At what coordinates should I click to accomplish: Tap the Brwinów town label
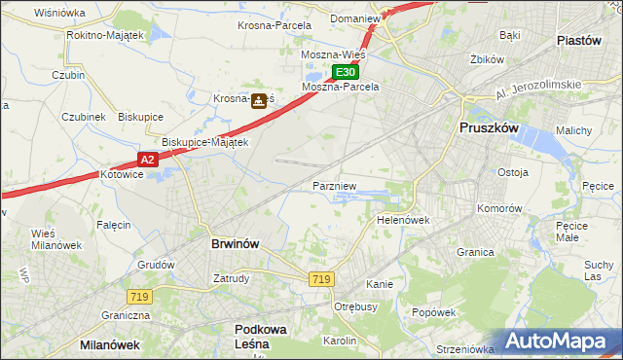coord(235,244)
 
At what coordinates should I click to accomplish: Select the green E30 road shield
coord(346,72)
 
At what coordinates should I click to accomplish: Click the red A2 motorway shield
coord(146,160)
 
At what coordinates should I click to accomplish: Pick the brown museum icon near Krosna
coord(258,100)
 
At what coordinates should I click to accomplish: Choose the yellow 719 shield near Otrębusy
coord(321,279)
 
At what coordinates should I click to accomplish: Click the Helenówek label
coord(403,220)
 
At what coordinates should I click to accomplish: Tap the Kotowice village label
coord(122,174)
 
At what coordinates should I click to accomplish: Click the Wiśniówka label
coord(59,13)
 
